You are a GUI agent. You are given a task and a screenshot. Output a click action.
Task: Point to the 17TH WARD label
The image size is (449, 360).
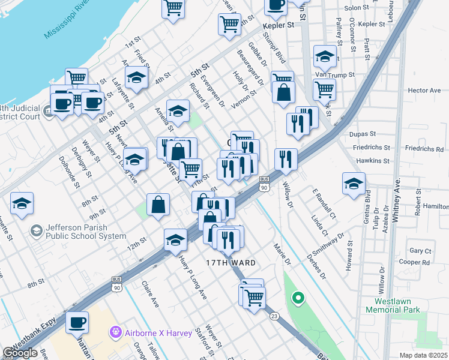pos(231,263)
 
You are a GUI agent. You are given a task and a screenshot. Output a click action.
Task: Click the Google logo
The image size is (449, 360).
pos(20,353)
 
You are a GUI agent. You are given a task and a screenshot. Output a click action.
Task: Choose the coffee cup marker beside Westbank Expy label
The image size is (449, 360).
pos(77,324)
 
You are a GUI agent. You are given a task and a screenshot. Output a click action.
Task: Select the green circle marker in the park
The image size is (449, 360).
pos(297,298)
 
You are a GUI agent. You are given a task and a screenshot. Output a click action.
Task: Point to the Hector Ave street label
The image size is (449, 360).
pos(424,90)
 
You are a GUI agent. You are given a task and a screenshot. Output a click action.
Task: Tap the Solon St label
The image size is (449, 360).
pos(356,8)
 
